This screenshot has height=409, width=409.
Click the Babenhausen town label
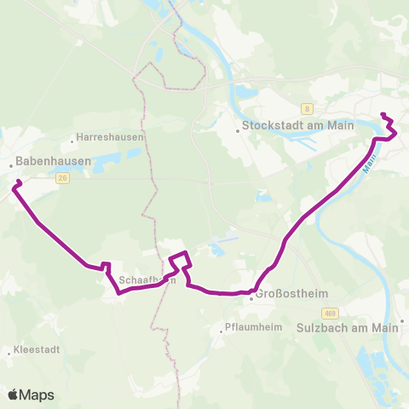(40, 158)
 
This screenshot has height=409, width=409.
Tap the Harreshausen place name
(111, 136)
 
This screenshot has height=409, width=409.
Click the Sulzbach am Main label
(350, 327)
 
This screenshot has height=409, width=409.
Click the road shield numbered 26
(63, 178)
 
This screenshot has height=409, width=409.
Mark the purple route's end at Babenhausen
(16, 182)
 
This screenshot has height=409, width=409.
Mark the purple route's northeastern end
(382, 115)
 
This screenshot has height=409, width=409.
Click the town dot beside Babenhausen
(10, 165)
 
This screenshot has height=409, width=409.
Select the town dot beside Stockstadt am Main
(238, 131)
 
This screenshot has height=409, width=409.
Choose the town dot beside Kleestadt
(8, 350)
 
